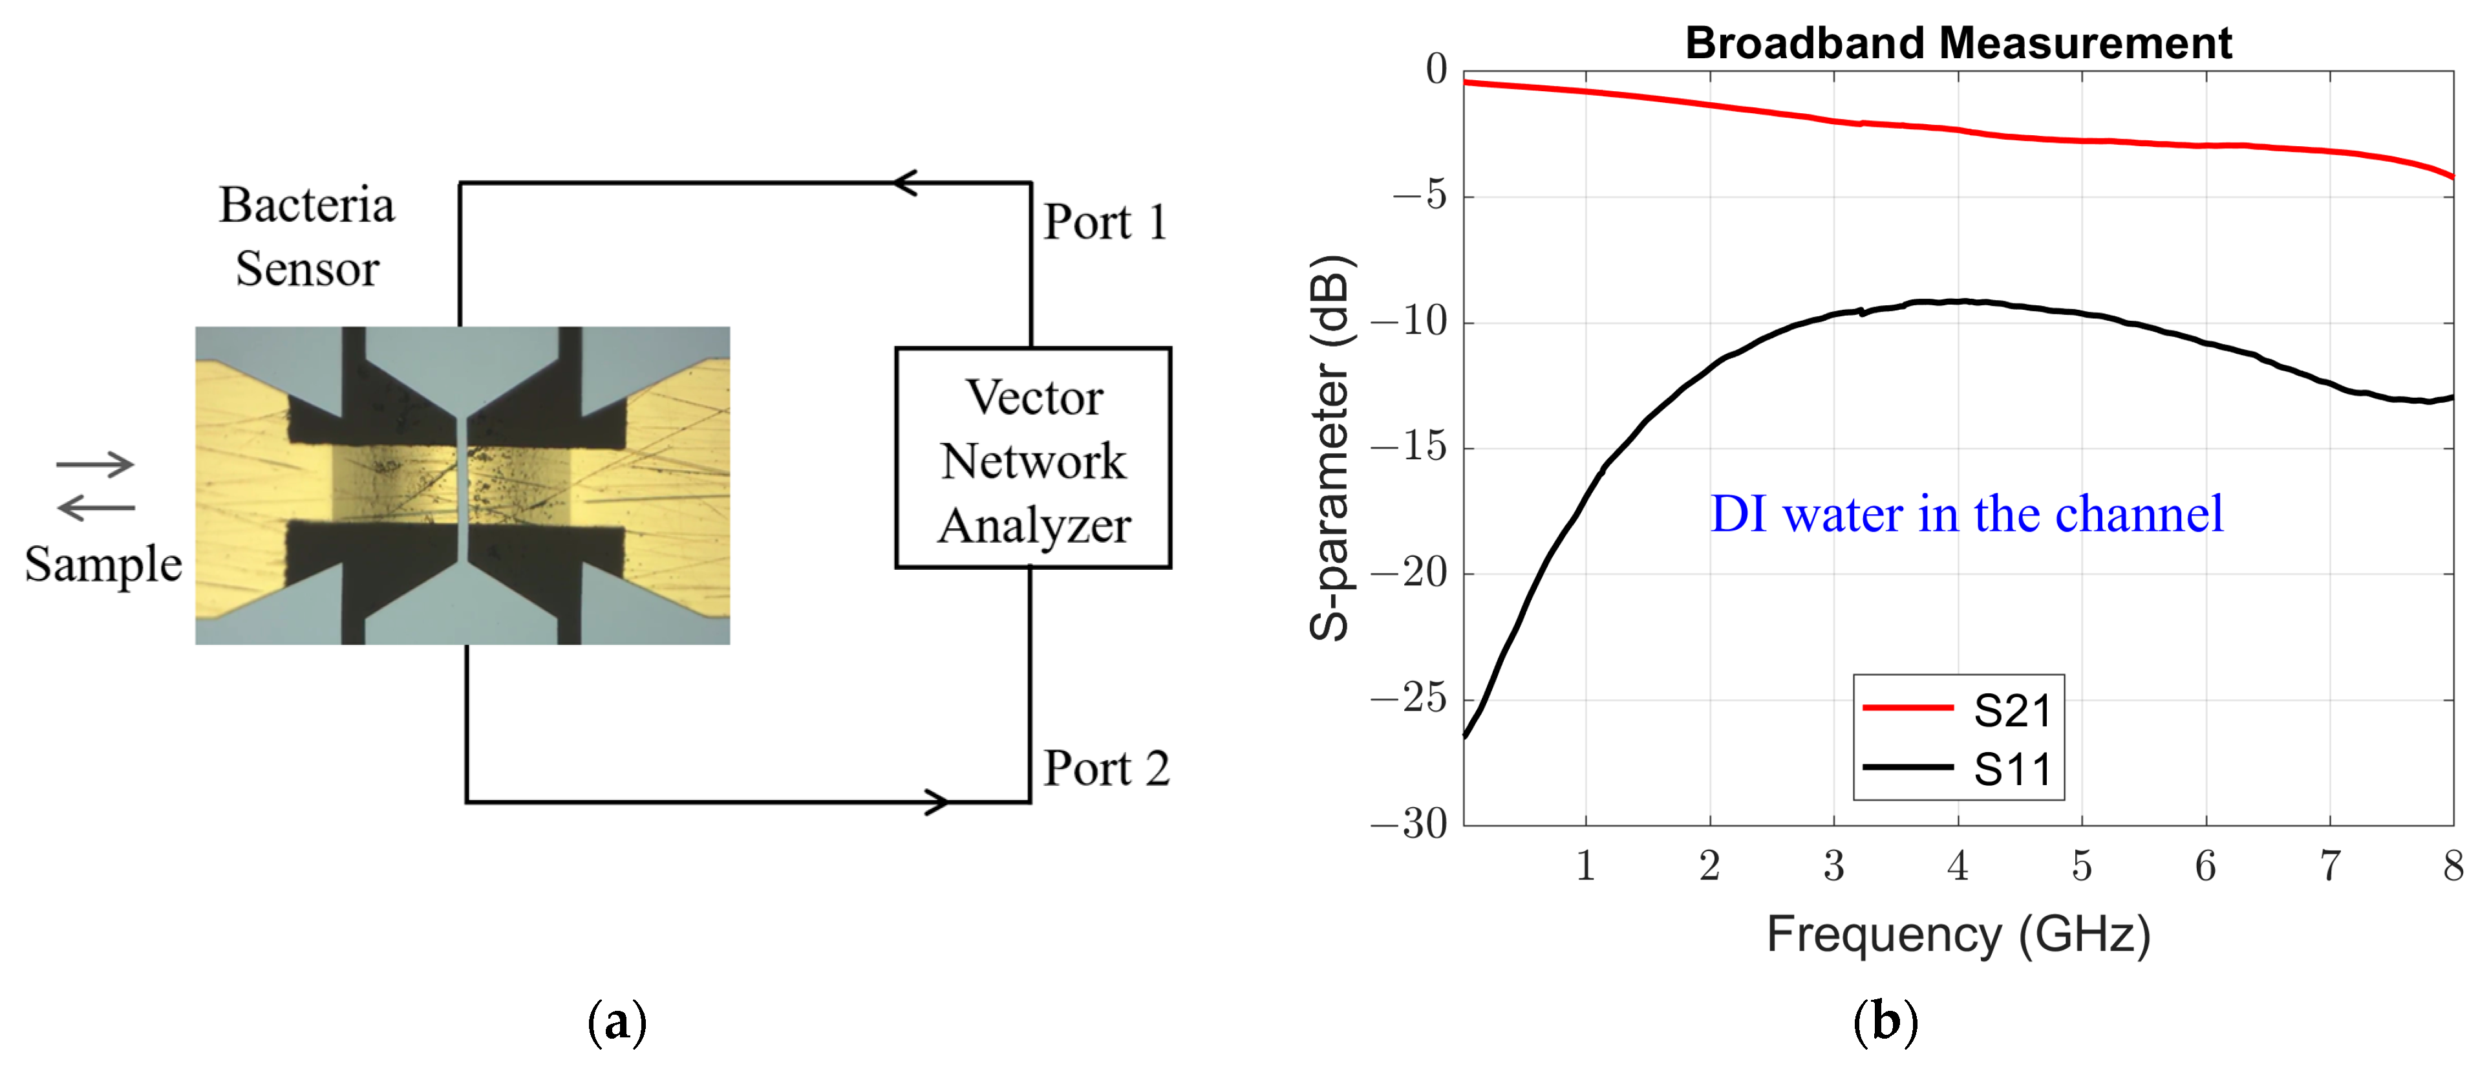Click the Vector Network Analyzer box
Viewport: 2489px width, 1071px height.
pos(1033,458)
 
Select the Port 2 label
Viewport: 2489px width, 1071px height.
pos(1106,768)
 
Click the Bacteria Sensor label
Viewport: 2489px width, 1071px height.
pos(307,236)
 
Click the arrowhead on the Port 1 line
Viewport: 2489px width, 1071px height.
pos(904,182)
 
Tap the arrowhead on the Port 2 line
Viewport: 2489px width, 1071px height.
pos(935,801)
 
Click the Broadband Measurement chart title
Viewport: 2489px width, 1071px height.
pos(1958,43)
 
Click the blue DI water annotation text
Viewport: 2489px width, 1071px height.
pos(1966,514)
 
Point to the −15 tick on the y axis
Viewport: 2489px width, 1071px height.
pos(1410,448)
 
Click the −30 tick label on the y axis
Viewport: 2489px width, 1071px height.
pos(1410,823)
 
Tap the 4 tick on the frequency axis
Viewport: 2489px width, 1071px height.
pos(1958,866)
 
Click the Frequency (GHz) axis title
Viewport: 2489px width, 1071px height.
pos(1958,934)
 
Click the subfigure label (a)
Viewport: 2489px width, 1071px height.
pos(617,1022)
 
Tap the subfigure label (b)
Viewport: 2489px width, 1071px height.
pos(1885,1022)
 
